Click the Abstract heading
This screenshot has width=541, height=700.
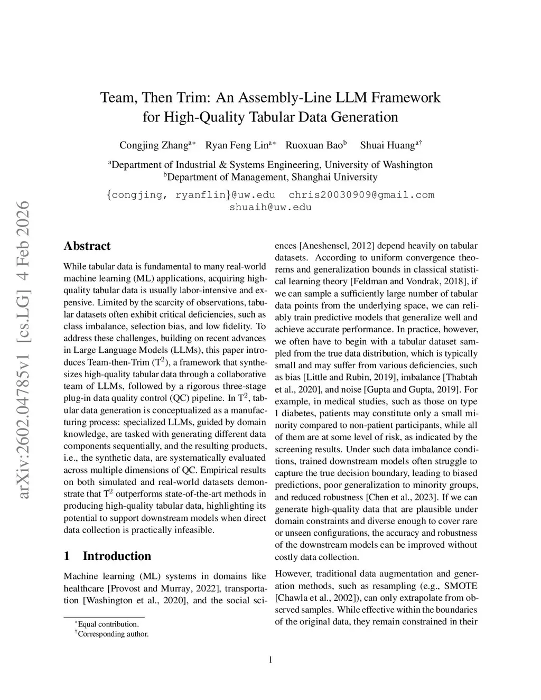point(87,246)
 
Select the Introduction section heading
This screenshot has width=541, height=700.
point(116,556)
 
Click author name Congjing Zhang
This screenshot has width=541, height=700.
point(154,145)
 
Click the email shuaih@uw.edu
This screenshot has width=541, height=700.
point(270,207)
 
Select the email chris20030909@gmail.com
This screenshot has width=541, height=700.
point(361,195)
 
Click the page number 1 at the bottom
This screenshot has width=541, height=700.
point(270,659)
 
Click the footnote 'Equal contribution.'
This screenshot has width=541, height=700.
point(108,624)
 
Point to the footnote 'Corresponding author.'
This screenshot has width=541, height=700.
point(113,633)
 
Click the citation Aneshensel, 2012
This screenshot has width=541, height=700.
point(337,246)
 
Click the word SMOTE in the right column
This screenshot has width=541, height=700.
point(461,586)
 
